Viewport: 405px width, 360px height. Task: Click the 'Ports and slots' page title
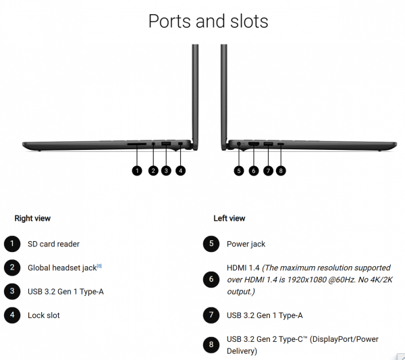pos(208,21)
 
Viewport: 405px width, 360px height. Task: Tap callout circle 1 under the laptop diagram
pos(137,171)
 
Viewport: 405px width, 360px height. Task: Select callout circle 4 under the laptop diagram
pos(180,171)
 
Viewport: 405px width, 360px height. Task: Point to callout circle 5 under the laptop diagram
pos(239,171)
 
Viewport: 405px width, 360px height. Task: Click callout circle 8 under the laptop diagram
pos(281,171)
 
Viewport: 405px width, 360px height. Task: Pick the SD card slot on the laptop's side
pos(137,144)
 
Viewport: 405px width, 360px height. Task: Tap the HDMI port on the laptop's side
pos(254,144)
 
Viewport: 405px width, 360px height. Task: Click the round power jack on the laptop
pos(239,144)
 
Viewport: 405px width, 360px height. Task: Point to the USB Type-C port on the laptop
pos(281,144)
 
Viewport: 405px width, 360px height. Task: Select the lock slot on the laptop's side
pos(180,143)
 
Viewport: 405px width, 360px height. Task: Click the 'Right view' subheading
pos(32,218)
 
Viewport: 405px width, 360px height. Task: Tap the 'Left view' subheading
pos(230,218)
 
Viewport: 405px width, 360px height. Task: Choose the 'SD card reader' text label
pos(54,244)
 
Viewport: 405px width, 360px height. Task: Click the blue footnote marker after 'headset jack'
pos(99,265)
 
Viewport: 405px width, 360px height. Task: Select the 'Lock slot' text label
pos(44,315)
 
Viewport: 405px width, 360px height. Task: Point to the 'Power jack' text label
pos(246,244)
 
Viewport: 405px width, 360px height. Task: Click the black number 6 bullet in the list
pos(211,280)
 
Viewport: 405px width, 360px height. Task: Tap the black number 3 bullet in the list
pos(12,291)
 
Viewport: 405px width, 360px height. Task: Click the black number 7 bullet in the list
pos(211,315)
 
